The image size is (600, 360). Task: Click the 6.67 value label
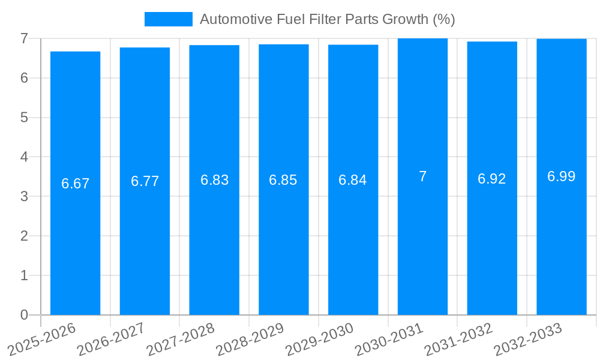75,184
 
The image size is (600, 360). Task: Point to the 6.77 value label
145,181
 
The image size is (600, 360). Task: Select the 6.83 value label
214,180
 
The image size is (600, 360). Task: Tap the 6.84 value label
353,180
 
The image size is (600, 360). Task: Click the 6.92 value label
492,179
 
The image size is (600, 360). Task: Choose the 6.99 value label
561,176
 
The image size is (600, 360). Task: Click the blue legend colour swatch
169,19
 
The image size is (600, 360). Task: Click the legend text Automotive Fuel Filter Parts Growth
327,19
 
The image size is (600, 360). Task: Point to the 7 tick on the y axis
24,38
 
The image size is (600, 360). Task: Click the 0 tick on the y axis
24,315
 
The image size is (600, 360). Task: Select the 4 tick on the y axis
24,157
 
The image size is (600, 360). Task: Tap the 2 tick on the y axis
24,236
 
